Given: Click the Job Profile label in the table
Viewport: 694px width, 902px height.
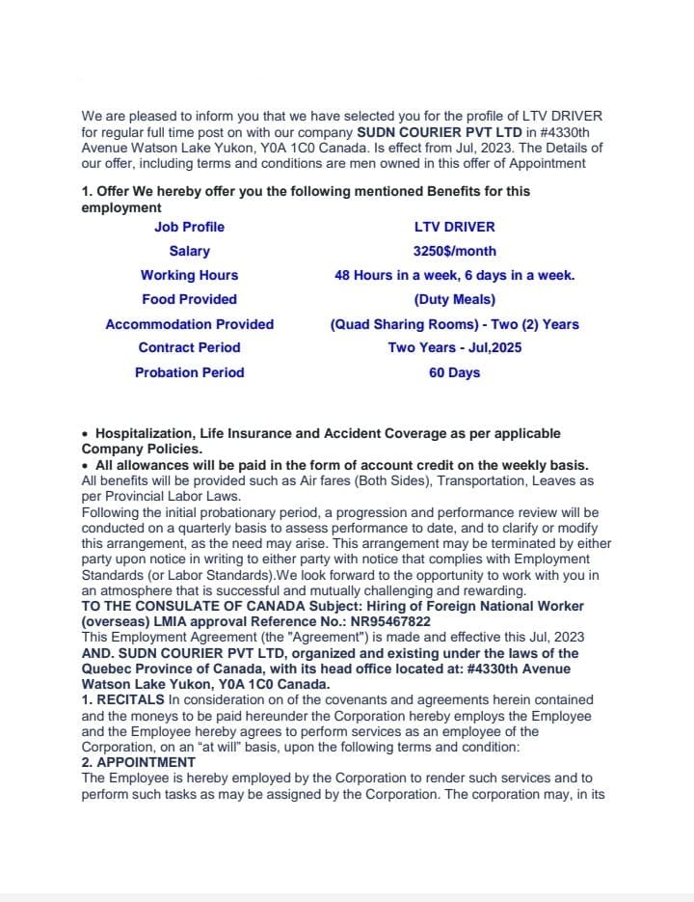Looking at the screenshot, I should [x=189, y=227].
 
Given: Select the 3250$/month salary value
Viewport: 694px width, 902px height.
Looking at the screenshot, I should [x=454, y=251].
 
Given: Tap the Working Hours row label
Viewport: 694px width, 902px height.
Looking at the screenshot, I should [x=189, y=275].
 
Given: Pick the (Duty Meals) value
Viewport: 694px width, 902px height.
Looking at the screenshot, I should [x=454, y=299].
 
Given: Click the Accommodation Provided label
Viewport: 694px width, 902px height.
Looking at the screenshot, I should [x=189, y=324].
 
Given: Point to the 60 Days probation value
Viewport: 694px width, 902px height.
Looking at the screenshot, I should [x=454, y=372].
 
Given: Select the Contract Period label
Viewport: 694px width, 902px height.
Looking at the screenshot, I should [x=189, y=347].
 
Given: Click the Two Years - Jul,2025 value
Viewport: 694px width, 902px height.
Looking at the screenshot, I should [x=454, y=347].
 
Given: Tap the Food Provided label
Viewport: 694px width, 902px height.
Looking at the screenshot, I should [x=189, y=299].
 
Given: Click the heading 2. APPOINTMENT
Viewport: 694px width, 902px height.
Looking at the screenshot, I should [x=138, y=762].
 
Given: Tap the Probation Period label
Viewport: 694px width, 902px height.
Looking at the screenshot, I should [x=189, y=372].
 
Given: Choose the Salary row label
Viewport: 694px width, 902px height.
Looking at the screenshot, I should [x=189, y=251].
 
